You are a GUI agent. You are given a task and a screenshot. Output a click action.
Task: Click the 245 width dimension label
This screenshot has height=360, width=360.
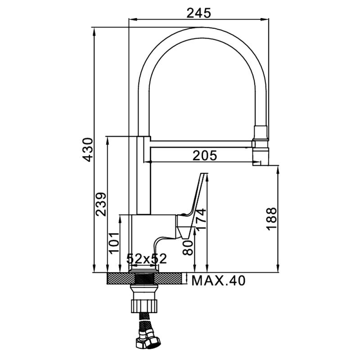coord(198,13)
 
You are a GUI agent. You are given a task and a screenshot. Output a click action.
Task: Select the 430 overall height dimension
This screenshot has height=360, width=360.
coord(88,150)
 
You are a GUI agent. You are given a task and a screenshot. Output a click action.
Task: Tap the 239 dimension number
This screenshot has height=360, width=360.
coord(101,204)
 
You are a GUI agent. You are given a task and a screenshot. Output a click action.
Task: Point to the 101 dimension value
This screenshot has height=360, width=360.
coord(114,243)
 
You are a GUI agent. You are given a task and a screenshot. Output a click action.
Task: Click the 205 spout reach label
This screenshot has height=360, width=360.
coord(205,155)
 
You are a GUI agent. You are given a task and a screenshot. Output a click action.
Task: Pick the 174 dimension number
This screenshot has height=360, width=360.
coord(201,219)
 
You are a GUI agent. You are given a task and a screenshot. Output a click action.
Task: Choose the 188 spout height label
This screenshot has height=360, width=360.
coord(272,219)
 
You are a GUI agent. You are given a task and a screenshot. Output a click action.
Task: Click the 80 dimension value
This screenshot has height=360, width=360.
coord(188,248)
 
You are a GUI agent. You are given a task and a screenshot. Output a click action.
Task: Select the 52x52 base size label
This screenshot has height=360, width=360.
coord(147,259)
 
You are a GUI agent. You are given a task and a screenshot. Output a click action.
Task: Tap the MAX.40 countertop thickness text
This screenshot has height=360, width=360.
coord(218,280)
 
